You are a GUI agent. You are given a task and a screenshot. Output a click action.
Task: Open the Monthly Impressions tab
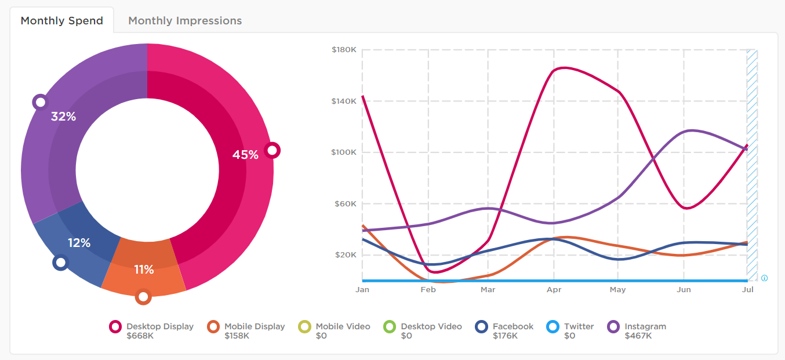pos(185,21)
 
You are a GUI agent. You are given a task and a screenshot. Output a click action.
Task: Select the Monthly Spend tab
pos(62,21)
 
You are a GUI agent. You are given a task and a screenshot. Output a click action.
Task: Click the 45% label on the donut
pos(245,155)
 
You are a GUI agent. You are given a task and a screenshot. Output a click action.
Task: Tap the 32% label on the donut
pos(64,117)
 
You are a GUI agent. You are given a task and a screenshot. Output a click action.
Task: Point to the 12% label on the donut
pos(79,243)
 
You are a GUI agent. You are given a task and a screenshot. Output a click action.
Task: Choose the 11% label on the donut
pos(144,270)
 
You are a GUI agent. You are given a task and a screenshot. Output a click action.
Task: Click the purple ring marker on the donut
pos(40,103)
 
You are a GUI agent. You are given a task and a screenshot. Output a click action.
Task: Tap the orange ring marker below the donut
pos(143,297)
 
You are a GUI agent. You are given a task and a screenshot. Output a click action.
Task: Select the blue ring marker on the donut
pos(60,263)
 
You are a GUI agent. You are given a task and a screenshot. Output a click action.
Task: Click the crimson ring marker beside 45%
pos(272,150)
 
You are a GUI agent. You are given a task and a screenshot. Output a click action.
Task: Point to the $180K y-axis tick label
pos(344,50)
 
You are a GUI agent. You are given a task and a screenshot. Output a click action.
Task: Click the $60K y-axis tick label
pos(345,204)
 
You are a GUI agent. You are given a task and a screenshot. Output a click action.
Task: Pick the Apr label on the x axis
pos(554,290)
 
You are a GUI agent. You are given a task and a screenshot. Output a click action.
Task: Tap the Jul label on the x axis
pos(748,290)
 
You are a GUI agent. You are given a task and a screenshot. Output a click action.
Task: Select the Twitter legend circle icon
pos(553,327)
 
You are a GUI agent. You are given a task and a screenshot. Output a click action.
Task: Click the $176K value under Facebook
pos(505,336)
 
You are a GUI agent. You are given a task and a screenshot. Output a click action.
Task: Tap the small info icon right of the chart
pos(764,278)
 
